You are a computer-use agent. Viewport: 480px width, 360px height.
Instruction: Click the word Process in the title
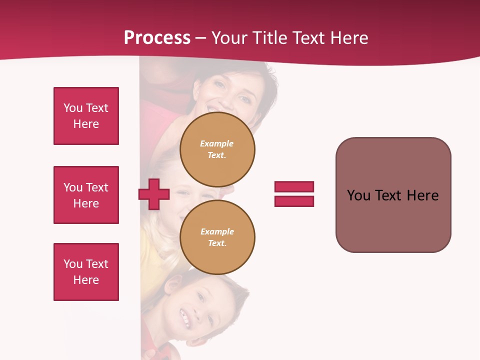pyautogui.click(x=157, y=38)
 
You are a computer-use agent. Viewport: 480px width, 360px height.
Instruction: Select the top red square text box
pyautogui.click(x=86, y=116)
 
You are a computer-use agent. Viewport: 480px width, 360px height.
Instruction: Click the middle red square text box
pyautogui.click(x=86, y=195)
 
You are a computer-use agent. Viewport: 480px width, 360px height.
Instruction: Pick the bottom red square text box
pyautogui.click(x=86, y=272)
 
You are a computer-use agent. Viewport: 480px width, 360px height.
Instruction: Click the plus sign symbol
pyautogui.click(x=154, y=194)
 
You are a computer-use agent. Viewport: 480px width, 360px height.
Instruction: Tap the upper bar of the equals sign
pyautogui.click(x=294, y=186)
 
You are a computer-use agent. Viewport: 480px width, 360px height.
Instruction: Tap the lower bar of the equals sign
pyautogui.click(x=294, y=201)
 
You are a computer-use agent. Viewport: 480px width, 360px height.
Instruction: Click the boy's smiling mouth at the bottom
pyautogui.click(x=185, y=318)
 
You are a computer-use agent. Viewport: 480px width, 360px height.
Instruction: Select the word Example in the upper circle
pyautogui.click(x=216, y=143)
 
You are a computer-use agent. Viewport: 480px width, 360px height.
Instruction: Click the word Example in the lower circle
pyautogui.click(x=217, y=231)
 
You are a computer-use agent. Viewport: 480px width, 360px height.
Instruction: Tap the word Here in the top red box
pyautogui.click(x=86, y=124)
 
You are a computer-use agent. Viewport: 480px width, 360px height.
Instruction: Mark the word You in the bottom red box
pyautogui.click(x=72, y=264)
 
